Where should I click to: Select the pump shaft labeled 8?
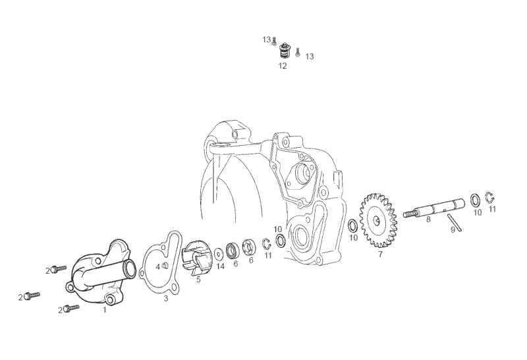[434, 208]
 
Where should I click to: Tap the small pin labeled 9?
[454, 223]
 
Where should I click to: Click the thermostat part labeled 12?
[285, 52]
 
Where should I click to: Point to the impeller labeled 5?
[195, 258]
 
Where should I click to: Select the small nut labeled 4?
[165, 266]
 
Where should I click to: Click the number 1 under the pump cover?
[105, 310]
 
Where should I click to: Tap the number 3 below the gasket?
[166, 299]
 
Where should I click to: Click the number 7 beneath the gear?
[380, 255]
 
